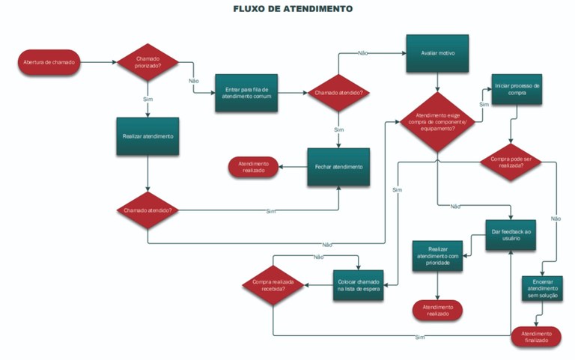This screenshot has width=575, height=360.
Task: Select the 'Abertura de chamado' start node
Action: coord(49,62)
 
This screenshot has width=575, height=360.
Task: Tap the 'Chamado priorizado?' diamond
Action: coord(148,62)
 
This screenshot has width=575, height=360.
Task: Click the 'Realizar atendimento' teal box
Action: coord(148,136)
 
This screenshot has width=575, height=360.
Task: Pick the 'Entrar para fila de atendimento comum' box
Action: coord(246,93)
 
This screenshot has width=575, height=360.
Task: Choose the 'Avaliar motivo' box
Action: coord(437,54)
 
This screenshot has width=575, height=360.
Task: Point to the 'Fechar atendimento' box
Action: coord(338,166)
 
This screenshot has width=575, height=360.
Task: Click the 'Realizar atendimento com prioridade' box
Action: coord(438,257)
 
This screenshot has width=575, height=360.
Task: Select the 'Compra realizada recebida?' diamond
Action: coord(273,284)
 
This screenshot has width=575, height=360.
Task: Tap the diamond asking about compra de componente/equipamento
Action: coord(437,123)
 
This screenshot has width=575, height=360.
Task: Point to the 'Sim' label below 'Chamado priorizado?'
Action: coord(148,99)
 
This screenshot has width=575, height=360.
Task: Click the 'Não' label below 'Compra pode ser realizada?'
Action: coord(556,219)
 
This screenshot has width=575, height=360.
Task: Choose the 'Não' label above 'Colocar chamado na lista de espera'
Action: coord(318,257)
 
